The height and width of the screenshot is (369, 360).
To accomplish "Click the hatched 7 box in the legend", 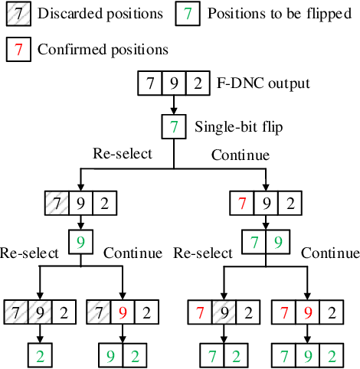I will (18, 15).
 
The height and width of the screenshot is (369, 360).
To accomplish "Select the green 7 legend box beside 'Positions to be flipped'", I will (189, 15).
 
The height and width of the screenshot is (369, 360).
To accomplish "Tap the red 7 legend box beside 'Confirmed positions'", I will (18, 49).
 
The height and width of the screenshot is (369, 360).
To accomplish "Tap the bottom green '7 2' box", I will (223, 356).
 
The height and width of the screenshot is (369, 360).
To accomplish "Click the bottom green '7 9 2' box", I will (306, 356).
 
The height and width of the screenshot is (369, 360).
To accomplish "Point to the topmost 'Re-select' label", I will (123, 154).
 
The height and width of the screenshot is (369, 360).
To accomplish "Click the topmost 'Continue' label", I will (240, 155).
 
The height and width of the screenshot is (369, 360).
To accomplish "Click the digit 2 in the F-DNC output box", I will (198, 83).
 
